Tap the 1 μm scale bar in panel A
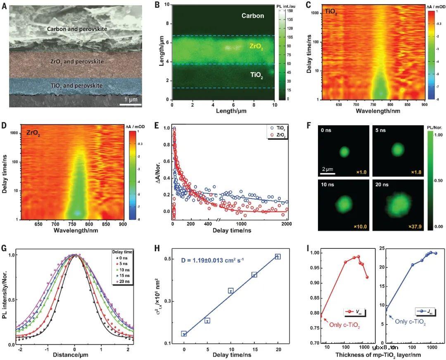pyautogui.click(x=130, y=104)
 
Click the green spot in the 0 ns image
pyautogui.click(x=344, y=152)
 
